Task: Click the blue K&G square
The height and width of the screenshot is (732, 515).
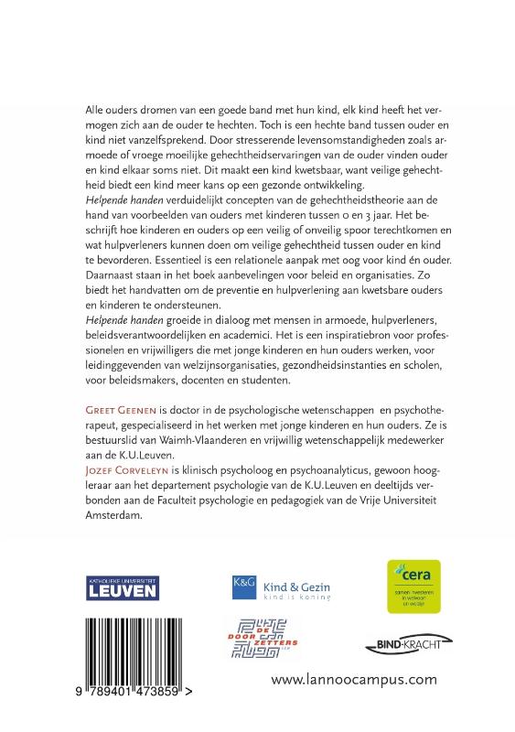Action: pos(241,586)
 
